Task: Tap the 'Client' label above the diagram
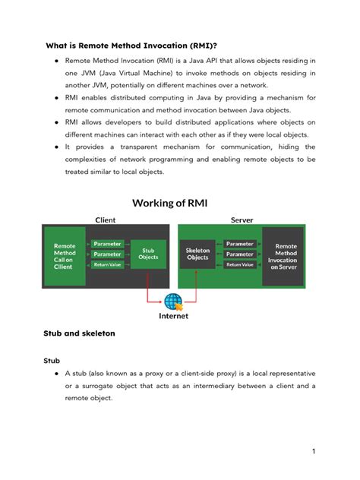tap(105, 219)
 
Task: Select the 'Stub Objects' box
tap(149, 253)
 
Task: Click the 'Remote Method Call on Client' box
tap(65, 256)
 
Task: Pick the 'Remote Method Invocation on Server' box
tap(286, 257)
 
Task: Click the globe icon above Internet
tap(173, 301)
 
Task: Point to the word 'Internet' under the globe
tap(173, 315)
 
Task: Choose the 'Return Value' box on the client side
tap(107, 264)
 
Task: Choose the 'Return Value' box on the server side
tap(240, 264)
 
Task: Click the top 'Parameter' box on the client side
tap(107, 244)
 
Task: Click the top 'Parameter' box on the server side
tap(240, 244)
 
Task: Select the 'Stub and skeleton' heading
tap(81, 333)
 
